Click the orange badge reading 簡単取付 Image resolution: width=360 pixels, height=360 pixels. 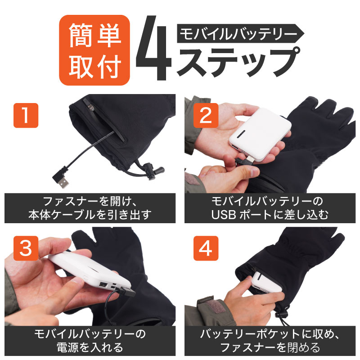tap(94, 50)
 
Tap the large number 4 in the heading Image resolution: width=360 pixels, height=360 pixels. tap(153, 48)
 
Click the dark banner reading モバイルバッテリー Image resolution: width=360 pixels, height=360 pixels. tap(240, 33)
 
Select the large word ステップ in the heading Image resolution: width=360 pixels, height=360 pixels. tap(238, 62)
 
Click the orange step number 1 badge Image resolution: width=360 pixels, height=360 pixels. tap(26, 115)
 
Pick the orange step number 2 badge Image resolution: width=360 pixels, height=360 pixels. tap(206, 115)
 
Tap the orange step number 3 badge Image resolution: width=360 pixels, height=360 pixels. tap(26, 248)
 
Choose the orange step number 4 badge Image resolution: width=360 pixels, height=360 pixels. tap(206, 248)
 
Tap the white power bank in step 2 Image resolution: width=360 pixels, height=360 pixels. tap(261, 134)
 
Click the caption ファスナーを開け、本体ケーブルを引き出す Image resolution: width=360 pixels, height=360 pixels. tap(90, 208)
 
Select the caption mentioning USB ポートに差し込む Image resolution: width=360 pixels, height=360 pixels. tap(270, 208)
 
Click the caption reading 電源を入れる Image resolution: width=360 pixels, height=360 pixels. tap(90, 341)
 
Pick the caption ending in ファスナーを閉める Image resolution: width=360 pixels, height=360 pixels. tap(270, 341)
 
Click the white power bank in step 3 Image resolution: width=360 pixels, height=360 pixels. tap(90, 273)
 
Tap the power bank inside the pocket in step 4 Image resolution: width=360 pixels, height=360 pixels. tap(266, 282)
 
